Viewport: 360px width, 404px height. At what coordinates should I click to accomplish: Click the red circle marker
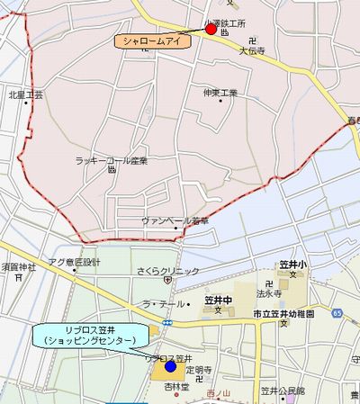211,29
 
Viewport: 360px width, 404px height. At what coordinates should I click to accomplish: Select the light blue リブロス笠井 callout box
90,335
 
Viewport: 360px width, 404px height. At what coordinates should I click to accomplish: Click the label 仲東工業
220,93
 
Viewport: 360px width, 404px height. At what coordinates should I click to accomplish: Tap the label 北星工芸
25,94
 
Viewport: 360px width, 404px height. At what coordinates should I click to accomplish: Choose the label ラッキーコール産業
112,161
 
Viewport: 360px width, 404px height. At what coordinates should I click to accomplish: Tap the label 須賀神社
18,267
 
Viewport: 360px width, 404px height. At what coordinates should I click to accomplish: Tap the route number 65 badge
336,311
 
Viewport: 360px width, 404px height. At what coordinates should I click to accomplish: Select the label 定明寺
198,370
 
